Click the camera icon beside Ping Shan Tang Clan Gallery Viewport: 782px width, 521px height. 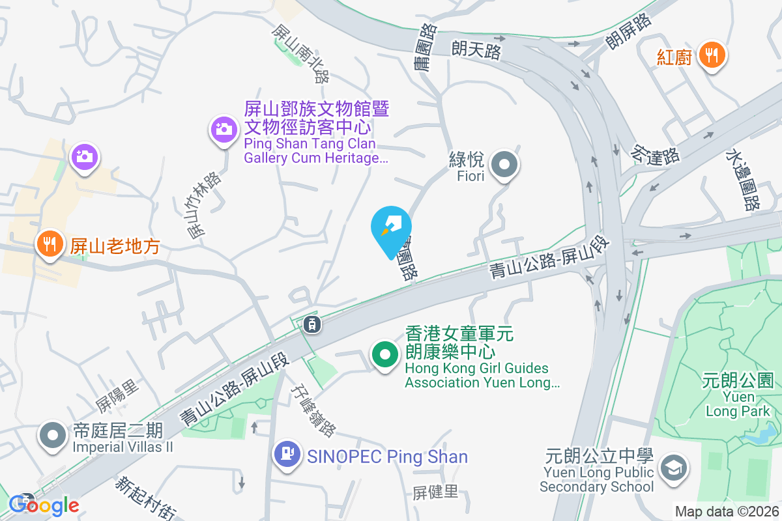[x=223, y=129]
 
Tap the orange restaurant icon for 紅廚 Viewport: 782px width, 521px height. [x=712, y=55]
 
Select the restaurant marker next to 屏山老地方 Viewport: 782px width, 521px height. [x=49, y=244]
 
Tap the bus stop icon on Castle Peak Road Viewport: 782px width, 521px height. [x=312, y=323]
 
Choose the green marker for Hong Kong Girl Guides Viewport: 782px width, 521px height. [x=384, y=356]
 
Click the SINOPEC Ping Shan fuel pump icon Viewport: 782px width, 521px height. [x=287, y=453]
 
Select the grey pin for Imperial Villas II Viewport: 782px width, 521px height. [x=52, y=437]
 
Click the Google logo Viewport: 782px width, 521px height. [x=44, y=505]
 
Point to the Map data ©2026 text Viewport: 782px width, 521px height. [x=726, y=512]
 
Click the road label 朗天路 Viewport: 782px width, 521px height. [x=476, y=49]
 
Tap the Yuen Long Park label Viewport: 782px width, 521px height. [x=738, y=395]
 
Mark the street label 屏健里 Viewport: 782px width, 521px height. [x=436, y=492]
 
